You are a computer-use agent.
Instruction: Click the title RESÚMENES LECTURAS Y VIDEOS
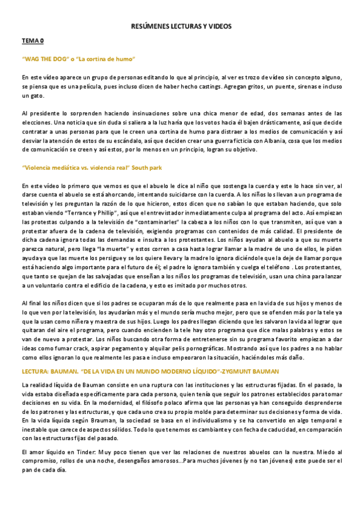pos(181,27)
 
